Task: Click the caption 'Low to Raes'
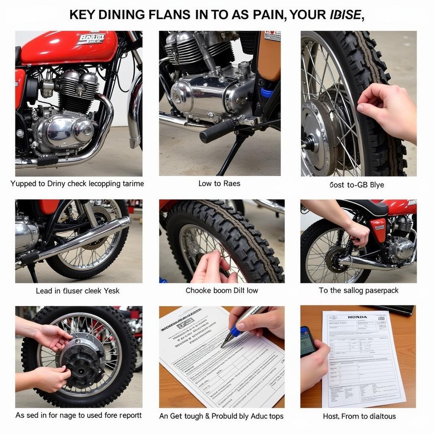pos(219,184)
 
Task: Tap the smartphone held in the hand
pos(308,341)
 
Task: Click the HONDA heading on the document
pos(357,317)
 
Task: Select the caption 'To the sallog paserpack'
pos(359,290)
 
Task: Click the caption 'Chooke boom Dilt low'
pos(222,290)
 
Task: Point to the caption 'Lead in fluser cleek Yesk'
pos(78,291)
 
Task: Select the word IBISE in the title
pos(345,15)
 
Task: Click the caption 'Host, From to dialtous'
pos(359,416)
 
